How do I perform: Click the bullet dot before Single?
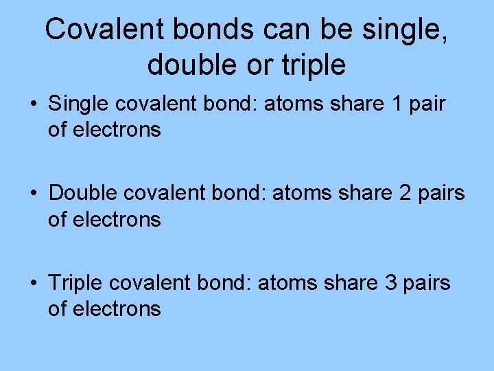point(33,105)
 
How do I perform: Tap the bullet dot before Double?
point(33,194)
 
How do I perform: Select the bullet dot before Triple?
point(33,284)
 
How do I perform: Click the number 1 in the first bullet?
point(397,104)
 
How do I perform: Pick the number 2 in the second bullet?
point(405,194)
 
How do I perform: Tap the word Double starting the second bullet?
point(83,194)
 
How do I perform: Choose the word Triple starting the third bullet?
point(75,283)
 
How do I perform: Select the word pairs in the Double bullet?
point(441,194)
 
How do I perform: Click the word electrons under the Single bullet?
point(117,130)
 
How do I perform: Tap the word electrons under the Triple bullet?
point(117,308)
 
